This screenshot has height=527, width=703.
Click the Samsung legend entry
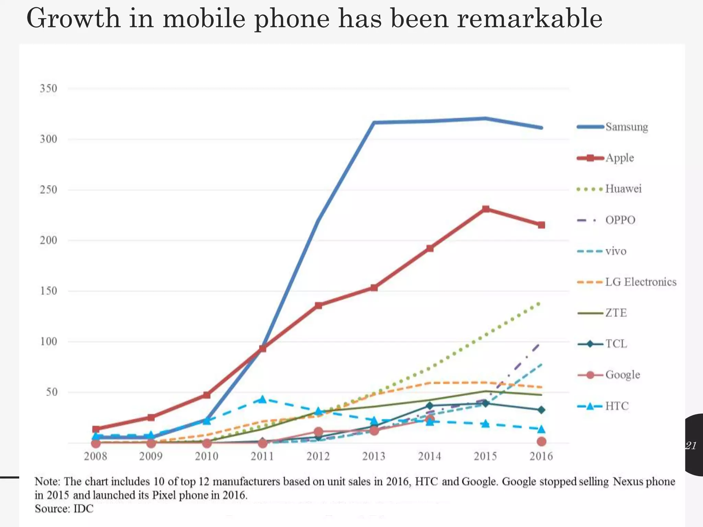(x=626, y=127)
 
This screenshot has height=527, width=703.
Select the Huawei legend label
(x=623, y=189)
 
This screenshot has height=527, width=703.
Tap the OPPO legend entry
(x=620, y=220)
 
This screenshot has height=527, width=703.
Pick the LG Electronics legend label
(x=641, y=282)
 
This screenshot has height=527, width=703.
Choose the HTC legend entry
(x=617, y=406)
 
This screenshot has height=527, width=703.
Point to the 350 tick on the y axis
(x=48, y=89)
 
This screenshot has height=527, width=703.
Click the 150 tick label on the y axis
(x=48, y=291)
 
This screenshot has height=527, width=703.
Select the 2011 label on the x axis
(x=262, y=456)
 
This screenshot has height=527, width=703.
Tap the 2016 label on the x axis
(x=541, y=456)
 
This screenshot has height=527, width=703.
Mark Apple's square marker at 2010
(x=207, y=395)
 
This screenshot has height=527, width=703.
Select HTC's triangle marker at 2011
(x=263, y=399)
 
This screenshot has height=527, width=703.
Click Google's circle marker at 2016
(x=541, y=442)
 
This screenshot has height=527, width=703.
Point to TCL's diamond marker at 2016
(x=541, y=410)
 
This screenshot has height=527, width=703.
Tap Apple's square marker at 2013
(x=374, y=288)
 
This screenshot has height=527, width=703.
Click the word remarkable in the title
(x=530, y=19)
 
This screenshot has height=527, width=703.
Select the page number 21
(x=691, y=446)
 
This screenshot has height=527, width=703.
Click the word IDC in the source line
(x=83, y=508)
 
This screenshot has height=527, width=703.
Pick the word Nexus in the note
(x=628, y=482)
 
